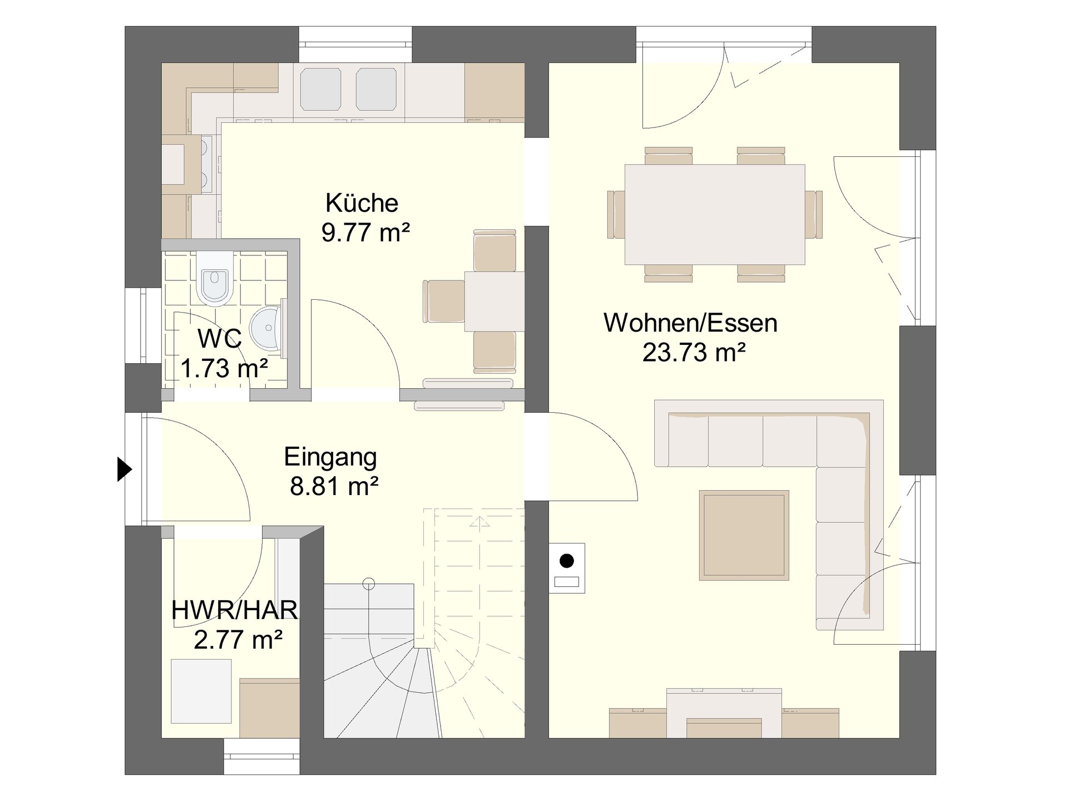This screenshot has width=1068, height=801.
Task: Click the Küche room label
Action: [x=362, y=203]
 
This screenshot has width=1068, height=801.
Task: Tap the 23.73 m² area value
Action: [x=694, y=352]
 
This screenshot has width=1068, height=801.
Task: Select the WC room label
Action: [x=220, y=338]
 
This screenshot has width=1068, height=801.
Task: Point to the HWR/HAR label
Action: [x=234, y=610]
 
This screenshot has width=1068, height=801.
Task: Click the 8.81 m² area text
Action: [x=334, y=486]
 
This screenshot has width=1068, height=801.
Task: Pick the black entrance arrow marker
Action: [x=125, y=469]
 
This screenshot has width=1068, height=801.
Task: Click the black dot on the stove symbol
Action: [x=566, y=561]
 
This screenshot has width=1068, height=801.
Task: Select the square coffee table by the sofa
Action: [x=744, y=535]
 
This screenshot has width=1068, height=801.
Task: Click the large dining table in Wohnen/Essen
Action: [x=715, y=215]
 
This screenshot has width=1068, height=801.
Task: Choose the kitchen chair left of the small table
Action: [x=444, y=301]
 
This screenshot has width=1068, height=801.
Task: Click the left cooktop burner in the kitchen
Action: [x=321, y=89]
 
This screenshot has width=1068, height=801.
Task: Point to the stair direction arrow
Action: [x=479, y=523]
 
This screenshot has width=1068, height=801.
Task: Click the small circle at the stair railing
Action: [x=368, y=584]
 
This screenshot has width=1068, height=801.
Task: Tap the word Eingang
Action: [x=330, y=458]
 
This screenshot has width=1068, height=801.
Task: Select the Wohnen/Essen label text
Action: [x=690, y=323]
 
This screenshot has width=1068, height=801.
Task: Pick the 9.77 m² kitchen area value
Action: [x=365, y=233]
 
